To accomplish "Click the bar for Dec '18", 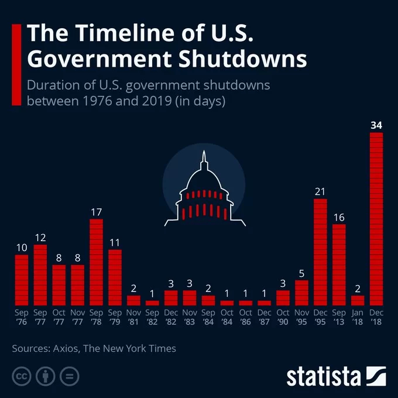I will click(376, 219).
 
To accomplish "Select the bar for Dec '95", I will click(320, 252).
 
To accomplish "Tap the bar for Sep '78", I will click(97, 262).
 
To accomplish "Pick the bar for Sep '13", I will click(339, 265).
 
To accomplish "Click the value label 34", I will click(376, 125).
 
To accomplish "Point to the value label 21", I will click(320, 191).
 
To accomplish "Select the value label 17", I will click(97, 211).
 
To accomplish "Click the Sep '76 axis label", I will click(22, 317).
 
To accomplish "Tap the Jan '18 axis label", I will click(358, 317).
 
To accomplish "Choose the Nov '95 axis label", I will click(301, 317).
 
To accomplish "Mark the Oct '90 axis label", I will click(283, 317).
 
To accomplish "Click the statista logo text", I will click(323, 376).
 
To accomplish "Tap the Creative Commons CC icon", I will click(22, 376).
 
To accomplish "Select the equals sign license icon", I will click(68, 376).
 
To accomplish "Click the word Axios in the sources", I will click(63, 349).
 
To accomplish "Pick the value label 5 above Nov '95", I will click(301, 273).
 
